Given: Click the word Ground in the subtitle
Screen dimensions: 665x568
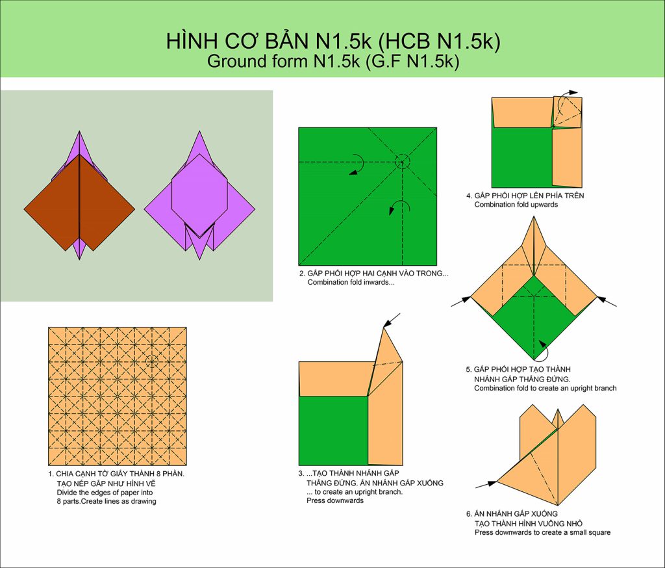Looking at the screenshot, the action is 236,62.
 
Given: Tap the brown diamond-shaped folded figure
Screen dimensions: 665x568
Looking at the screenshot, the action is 79,202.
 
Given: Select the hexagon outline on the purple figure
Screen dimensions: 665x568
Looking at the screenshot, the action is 200,196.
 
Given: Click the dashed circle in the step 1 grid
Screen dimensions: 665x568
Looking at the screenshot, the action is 152,361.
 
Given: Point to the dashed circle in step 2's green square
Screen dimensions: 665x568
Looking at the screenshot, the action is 403,162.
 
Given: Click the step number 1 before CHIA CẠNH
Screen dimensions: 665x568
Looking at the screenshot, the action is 51,474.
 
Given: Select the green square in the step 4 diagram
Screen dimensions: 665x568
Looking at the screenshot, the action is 522,157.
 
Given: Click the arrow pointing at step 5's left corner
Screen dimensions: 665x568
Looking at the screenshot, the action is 461,302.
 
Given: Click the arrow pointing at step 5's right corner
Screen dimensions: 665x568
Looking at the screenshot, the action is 607,302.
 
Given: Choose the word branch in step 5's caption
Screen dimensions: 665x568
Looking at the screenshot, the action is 603,389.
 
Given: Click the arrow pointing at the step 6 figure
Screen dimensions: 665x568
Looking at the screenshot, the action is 486,484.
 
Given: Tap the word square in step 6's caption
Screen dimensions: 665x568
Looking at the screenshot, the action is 598,533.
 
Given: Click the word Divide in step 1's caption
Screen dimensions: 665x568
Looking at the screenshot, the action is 67,493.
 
